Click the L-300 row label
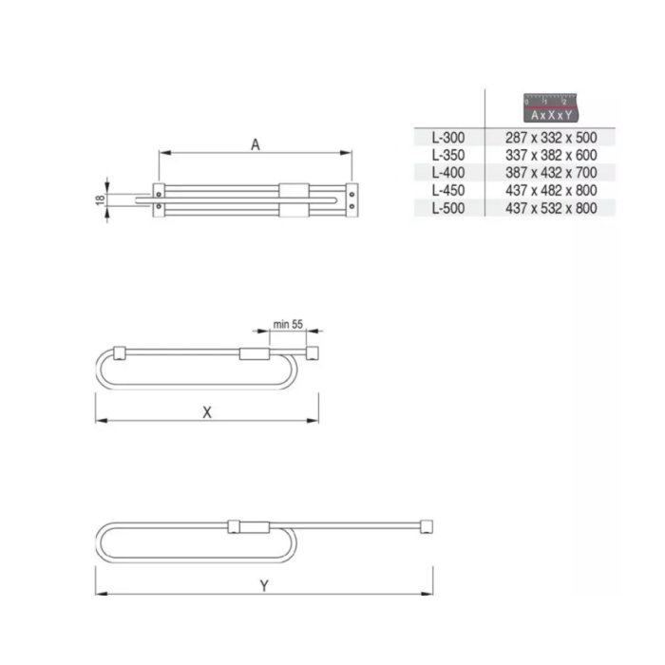pyautogui.click(x=447, y=138)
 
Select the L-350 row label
pyautogui.click(x=447, y=155)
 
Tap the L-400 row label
pyautogui.click(x=447, y=173)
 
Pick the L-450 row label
pyautogui.click(x=447, y=190)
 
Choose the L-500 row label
pyautogui.click(x=447, y=208)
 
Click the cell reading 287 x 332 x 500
pyautogui.click(x=551, y=138)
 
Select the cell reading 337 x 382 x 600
pyautogui.click(x=551, y=155)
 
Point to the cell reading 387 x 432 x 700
pyautogui.click(x=551, y=173)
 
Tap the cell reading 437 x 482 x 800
pyautogui.click(x=551, y=190)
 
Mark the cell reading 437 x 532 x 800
pyautogui.click(x=551, y=208)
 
